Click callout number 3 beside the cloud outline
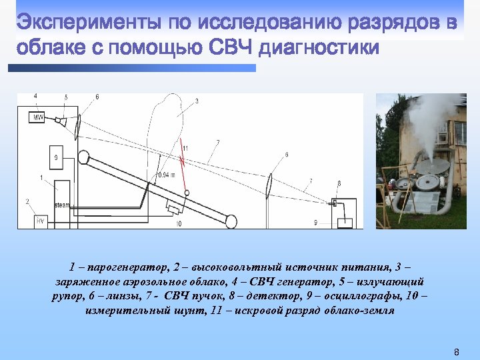[x=197, y=101]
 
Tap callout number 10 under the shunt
[x=179, y=224]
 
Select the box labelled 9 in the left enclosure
[x=57, y=159]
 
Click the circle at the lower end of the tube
[x=231, y=220]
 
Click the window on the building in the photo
[x=459, y=133]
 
